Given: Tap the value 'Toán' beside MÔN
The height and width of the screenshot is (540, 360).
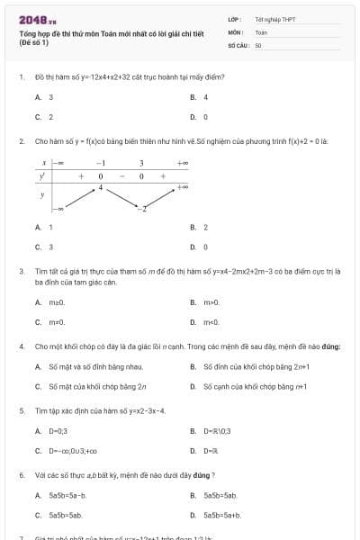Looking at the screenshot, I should [261, 31].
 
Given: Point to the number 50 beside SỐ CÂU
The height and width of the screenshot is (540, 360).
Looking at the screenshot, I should [257, 44].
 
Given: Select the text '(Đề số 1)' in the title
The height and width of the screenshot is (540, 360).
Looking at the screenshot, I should [34, 42].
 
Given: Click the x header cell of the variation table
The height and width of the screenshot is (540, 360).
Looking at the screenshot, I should [43, 163].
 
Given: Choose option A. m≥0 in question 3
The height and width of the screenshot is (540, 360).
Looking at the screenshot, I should [49, 301].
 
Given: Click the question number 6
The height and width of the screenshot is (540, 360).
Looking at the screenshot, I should [21, 474].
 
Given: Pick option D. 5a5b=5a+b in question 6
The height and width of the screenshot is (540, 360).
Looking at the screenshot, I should [216, 515].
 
